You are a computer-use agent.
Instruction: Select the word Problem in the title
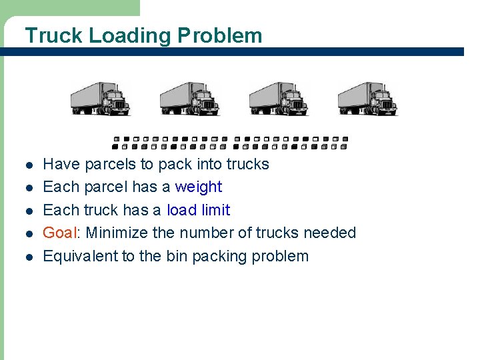[x=219, y=35]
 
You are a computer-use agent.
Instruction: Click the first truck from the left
[x=101, y=99]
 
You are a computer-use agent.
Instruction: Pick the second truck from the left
[x=189, y=99]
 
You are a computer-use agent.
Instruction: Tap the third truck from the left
[x=279, y=99]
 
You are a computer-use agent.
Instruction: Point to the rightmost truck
[x=367, y=99]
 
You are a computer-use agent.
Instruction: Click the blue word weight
[x=198, y=187]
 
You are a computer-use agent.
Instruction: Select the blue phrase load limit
[x=198, y=210]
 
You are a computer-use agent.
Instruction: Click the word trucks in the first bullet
[x=247, y=164]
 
